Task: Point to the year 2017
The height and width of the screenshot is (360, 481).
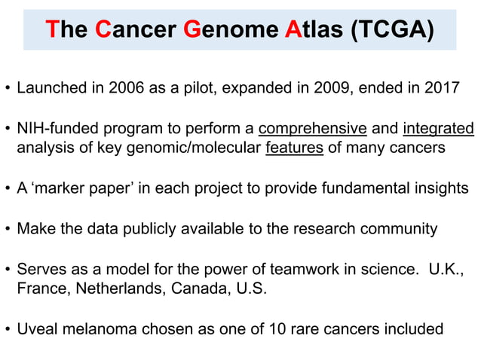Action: (443, 87)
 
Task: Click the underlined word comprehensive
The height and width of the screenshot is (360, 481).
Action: (312, 127)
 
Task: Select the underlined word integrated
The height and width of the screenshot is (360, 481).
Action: (439, 127)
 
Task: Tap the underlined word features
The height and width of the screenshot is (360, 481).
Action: (295, 147)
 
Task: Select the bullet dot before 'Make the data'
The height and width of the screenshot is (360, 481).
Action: (8, 229)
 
